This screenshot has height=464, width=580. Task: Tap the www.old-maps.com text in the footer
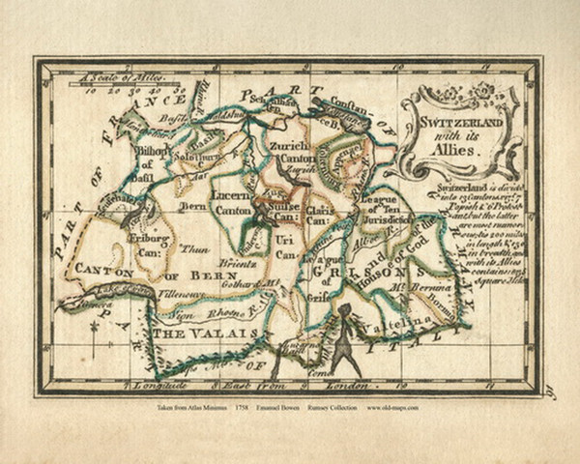point(392,408)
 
